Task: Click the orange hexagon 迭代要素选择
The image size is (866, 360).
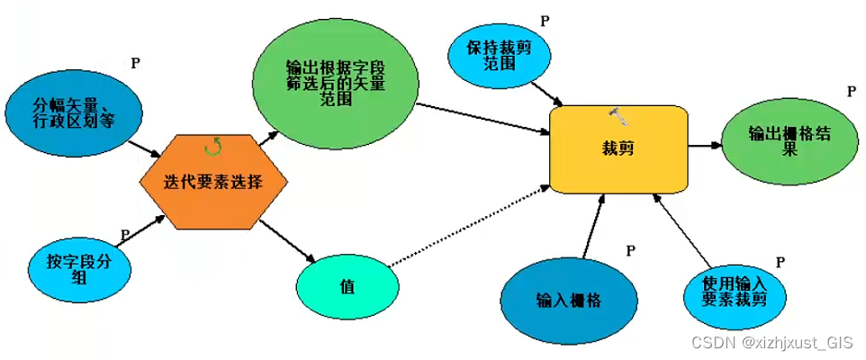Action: point(213,181)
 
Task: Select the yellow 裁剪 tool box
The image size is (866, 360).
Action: point(618,148)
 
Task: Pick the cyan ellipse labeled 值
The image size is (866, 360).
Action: point(347,286)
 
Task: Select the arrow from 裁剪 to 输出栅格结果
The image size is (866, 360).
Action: point(704,145)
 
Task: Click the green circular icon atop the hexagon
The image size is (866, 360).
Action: point(213,144)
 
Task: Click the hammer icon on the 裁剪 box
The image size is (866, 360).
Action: point(618,114)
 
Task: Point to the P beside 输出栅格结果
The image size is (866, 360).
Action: point(851,92)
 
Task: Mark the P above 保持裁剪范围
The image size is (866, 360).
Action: point(544,21)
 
